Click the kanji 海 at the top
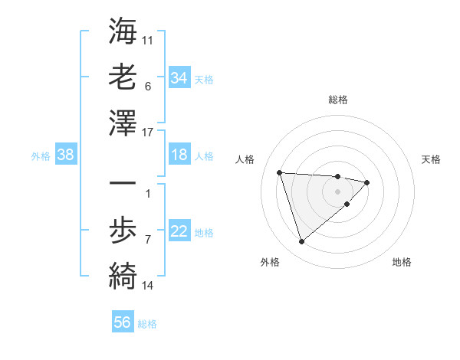[123, 33]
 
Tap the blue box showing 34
[179, 78]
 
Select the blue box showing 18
[179, 155]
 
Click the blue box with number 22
[179, 232]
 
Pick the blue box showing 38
[65, 155]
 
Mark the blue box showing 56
[122, 323]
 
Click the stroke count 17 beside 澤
[149, 133]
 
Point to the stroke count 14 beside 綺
[148, 286]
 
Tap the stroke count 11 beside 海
[148, 38]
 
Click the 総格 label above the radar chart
[338, 100]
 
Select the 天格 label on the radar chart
[432, 159]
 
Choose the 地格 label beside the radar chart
[402, 262]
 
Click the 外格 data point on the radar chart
[301, 242]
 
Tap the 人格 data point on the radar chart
[280, 172]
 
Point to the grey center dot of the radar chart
[338, 191]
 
